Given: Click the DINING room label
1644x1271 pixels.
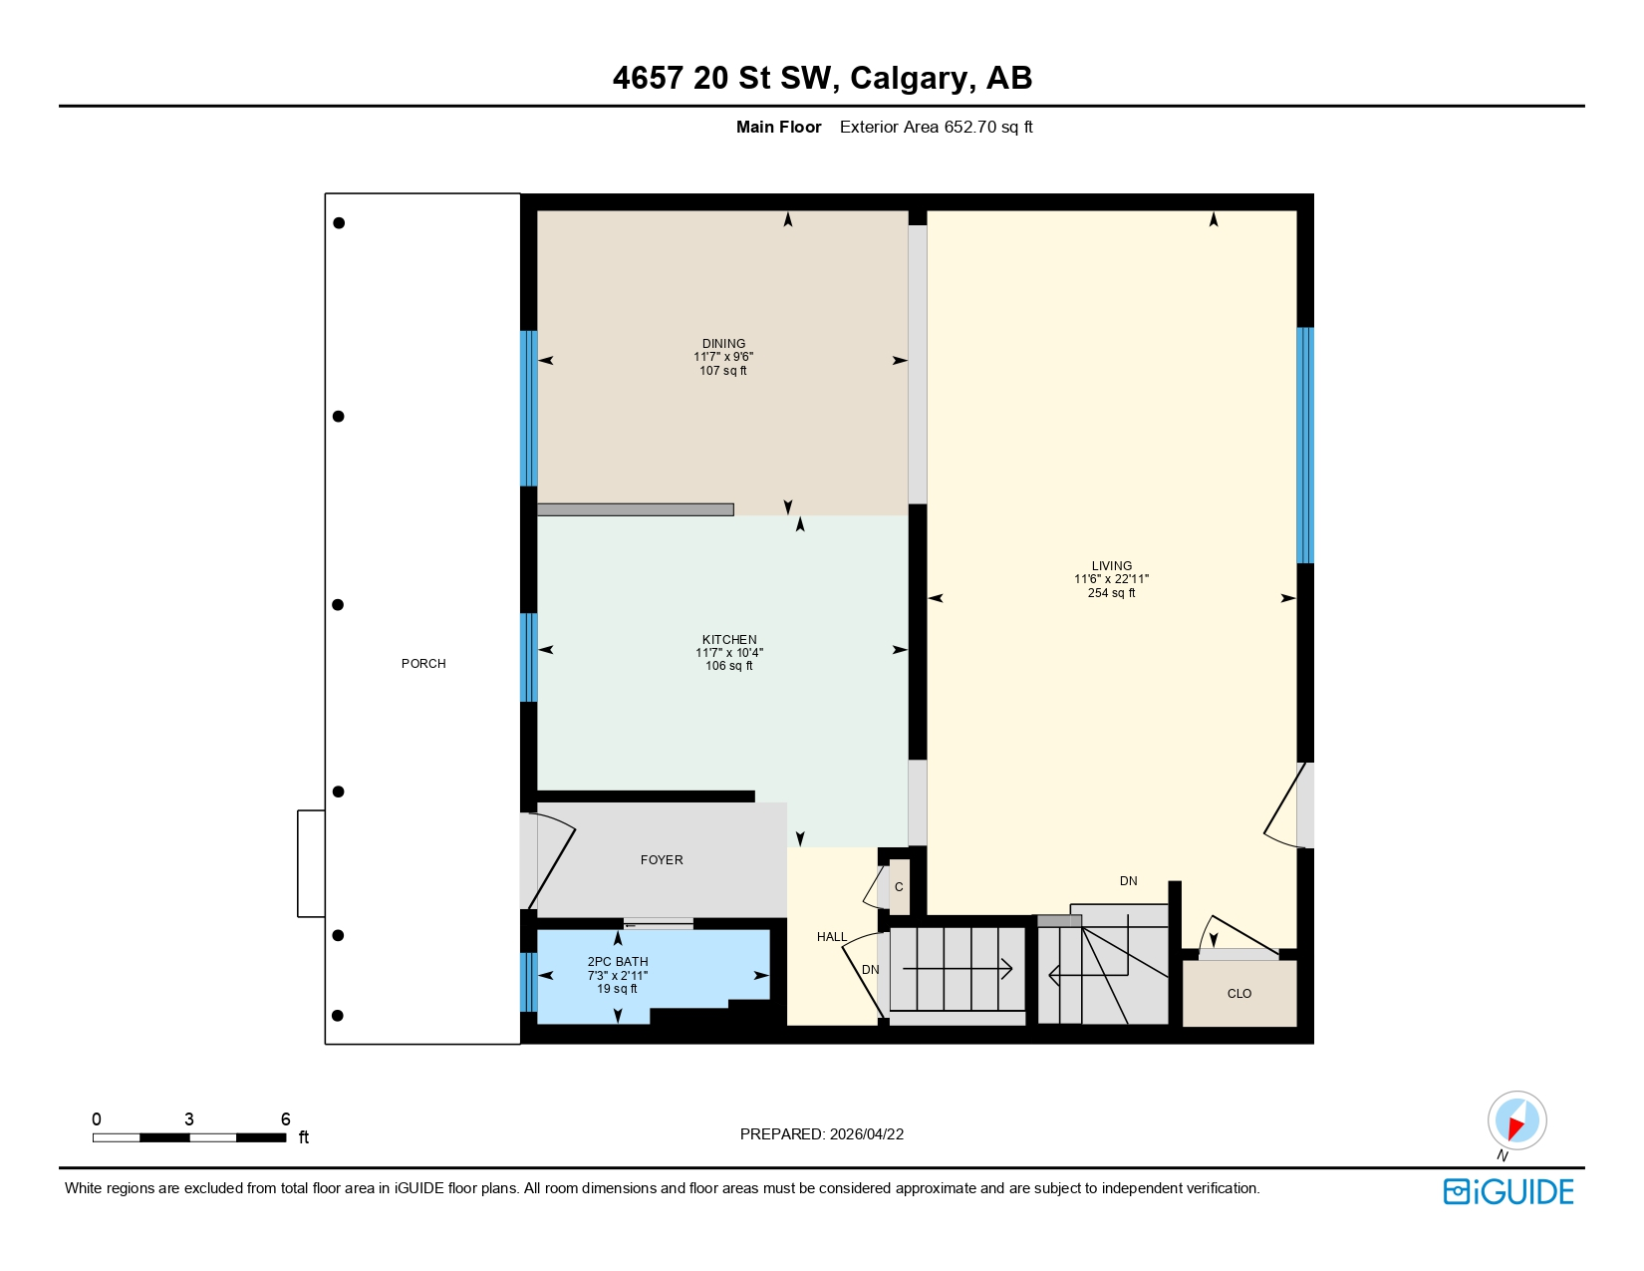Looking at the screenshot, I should coord(723,343).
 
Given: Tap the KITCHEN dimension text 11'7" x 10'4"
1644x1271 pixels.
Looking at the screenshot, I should coord(729,653).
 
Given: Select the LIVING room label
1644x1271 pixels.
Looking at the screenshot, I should coord(1111,565).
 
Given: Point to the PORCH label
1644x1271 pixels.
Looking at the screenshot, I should coord(423,664).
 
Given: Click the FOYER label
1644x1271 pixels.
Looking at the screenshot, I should coord(662,860).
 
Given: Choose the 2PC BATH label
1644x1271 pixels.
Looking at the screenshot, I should coord(618,962).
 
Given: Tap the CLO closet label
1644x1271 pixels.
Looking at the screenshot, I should coord(1238,994).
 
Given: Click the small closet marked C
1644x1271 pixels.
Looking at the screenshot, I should coord(899,887).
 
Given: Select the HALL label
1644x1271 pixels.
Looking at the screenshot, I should coord(832,937).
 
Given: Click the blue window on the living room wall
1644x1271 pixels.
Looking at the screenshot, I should coord(1304,446).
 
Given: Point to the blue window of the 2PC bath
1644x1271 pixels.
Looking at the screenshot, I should coord(529,982).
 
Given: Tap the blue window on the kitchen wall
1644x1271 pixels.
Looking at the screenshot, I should coord(529,657).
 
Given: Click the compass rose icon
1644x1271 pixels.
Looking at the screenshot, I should coord(1516,1120).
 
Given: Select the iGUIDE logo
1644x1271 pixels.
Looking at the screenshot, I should coord(1508,1192).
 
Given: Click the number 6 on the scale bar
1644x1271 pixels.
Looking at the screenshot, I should coord(285,1119).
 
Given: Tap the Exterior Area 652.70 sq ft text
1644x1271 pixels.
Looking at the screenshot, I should coord(936,127).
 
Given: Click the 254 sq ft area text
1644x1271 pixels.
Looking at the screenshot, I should coord(1111,593).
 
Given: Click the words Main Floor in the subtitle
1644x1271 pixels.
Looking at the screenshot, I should coord(778,127).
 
